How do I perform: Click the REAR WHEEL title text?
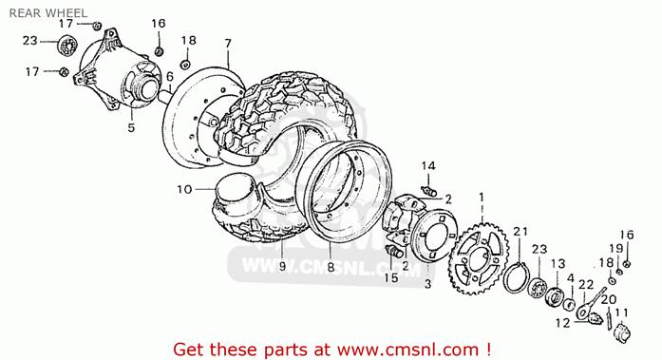(48, 12)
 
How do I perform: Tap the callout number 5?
(131, 126)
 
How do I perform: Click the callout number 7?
(228, 44)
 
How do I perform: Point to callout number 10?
(184, 189)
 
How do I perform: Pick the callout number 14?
(428, 166)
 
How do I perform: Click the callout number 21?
(520, 231)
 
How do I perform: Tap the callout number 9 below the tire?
(282, 266)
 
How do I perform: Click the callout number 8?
(331, 267)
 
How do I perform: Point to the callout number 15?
(391, 277)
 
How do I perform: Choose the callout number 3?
(428, 284)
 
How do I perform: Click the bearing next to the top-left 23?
(66, 46)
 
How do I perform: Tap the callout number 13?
(558, 264)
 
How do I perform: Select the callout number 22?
(586, 285)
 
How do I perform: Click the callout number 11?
(621, 313)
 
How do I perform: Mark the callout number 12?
(563, 323)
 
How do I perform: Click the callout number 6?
(170, 76)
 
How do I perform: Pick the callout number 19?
(616, 249)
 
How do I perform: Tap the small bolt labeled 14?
(429, 190)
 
